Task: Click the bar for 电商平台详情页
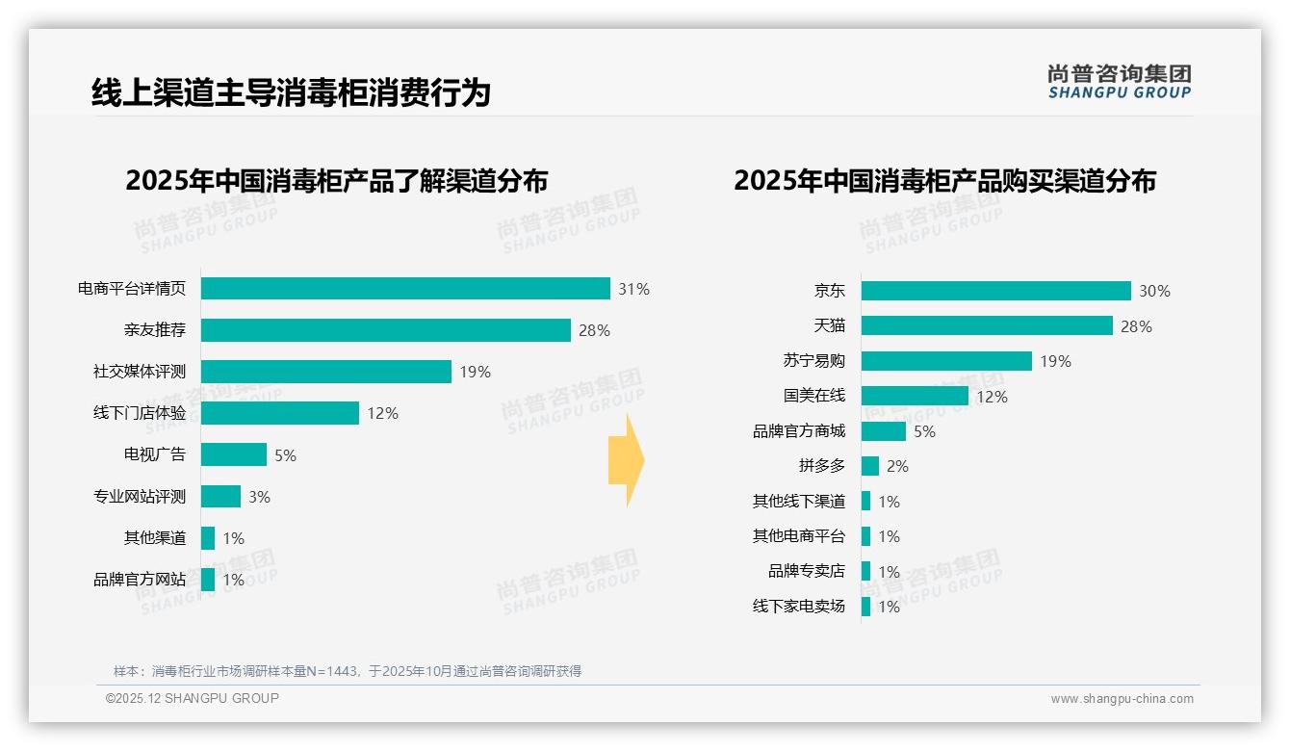click(405, 289)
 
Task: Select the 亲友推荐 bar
click(385, 330)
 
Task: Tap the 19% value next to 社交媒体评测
click(475, 372)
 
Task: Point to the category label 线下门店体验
click(139, 413)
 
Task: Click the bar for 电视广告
click(234, 454)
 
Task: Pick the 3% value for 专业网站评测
click(259, 497)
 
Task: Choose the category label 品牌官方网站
click(139, 580)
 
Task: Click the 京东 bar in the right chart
click(995, 291)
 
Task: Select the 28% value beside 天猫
click(1136, 326)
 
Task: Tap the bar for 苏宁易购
click(946, 361)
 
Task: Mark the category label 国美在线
click(813, 396)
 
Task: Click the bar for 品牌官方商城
click(883, 431)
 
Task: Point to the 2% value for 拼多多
click(897, 466)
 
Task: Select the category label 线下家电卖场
click(798, 607)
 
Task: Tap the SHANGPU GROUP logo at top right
click(1119, 82)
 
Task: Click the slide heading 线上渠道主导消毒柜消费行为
click(291, 92)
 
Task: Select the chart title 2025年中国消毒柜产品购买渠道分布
click(944, 181)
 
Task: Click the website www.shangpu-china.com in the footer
click(1122, 699)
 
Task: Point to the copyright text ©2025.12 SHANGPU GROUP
click(193, 698)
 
